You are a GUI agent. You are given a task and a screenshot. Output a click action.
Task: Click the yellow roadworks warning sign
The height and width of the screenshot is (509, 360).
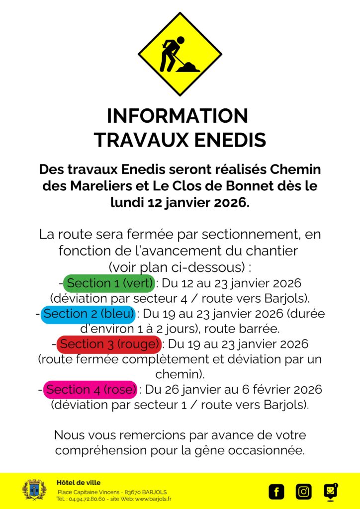click(x=180, y=54)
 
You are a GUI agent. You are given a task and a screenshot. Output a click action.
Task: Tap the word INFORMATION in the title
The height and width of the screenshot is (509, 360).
click(x=177, y=116)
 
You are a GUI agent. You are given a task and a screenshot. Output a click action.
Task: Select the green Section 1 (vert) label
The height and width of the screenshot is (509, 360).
click(x=109, y=283)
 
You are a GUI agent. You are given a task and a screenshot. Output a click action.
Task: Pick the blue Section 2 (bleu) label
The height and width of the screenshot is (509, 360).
click(x=89, y=314)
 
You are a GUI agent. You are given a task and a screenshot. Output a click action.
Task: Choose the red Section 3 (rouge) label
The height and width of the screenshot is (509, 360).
click(x=109, y=344)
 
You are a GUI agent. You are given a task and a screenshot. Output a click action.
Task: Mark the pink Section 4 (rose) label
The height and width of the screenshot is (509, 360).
click(x=90, y=389)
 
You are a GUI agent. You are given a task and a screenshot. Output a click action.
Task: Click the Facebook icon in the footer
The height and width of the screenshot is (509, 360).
click(x=276, y=492)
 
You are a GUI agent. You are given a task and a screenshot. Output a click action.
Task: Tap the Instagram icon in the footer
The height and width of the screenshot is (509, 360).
click(x=303, y=492)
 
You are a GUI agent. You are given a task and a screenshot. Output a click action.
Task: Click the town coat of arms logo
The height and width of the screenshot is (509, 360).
click(x=34, y=490)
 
